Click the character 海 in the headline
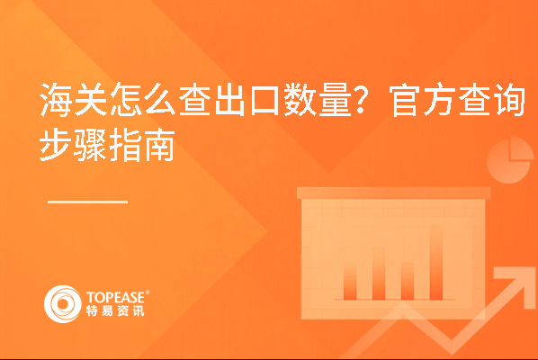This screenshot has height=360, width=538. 57,100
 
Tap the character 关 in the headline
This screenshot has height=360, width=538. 91,100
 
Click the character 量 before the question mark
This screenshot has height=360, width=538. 336,100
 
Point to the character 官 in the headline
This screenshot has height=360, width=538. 405,100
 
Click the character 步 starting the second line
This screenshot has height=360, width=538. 57,145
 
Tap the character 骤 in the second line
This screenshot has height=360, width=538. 91,145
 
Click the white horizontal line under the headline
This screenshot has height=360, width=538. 87,202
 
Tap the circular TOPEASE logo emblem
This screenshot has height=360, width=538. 63,303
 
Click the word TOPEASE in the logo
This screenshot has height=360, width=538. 116,297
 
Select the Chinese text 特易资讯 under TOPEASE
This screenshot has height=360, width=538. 115,310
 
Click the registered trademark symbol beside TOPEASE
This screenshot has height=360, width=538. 148,292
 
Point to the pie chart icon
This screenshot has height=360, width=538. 509,161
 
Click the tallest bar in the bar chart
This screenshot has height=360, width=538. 436,262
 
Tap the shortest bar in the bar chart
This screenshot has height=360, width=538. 350,283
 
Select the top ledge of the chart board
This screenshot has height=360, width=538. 393,193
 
